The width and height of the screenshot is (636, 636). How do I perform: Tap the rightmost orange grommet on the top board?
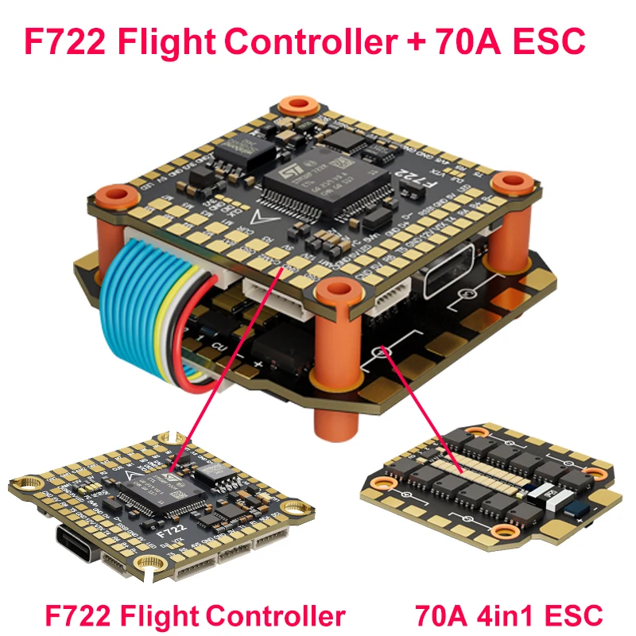coord(507,184)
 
